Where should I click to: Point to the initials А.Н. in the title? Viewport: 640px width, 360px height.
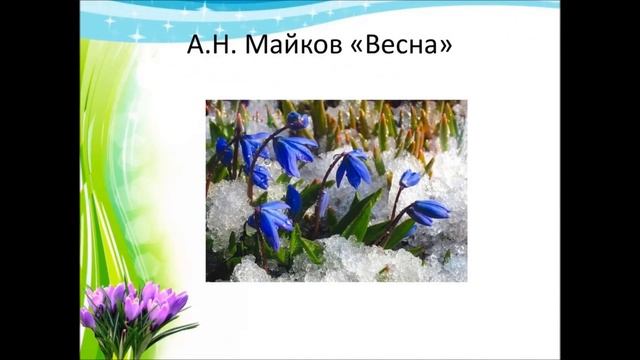coord(213,46)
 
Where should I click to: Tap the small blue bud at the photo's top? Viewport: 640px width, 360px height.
coord(296,120)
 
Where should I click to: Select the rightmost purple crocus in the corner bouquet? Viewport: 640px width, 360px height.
coord(177,302)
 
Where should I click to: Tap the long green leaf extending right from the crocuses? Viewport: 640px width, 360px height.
coord(178,331)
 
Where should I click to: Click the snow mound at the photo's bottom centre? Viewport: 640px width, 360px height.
coord(340,262)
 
